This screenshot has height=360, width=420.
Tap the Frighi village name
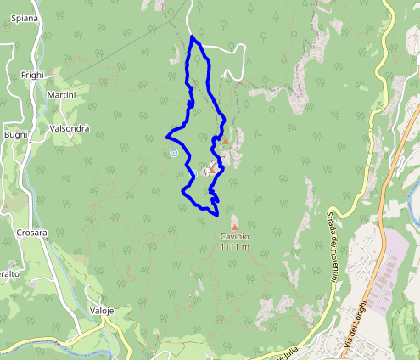click(x=32, y=76)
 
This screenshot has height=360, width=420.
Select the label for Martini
click(x=62, y=95)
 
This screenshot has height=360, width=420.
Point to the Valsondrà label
click(x=71, y=129)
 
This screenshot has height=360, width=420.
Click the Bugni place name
click(x=16, y=135)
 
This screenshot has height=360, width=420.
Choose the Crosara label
click(x=31, y=233)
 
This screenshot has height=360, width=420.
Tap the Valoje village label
click(x=101, y=311)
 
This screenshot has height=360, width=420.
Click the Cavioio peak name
click(x=235, y=237)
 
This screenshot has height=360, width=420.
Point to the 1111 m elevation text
click(x=235, y=247)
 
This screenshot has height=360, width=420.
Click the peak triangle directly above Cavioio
click(x=235, y=226)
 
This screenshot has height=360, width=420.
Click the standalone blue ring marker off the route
click(x=173, y=153)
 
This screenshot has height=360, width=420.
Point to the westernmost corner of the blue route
click(x=166, y=135)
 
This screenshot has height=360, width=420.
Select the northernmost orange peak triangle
click(x=225, y=142)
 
